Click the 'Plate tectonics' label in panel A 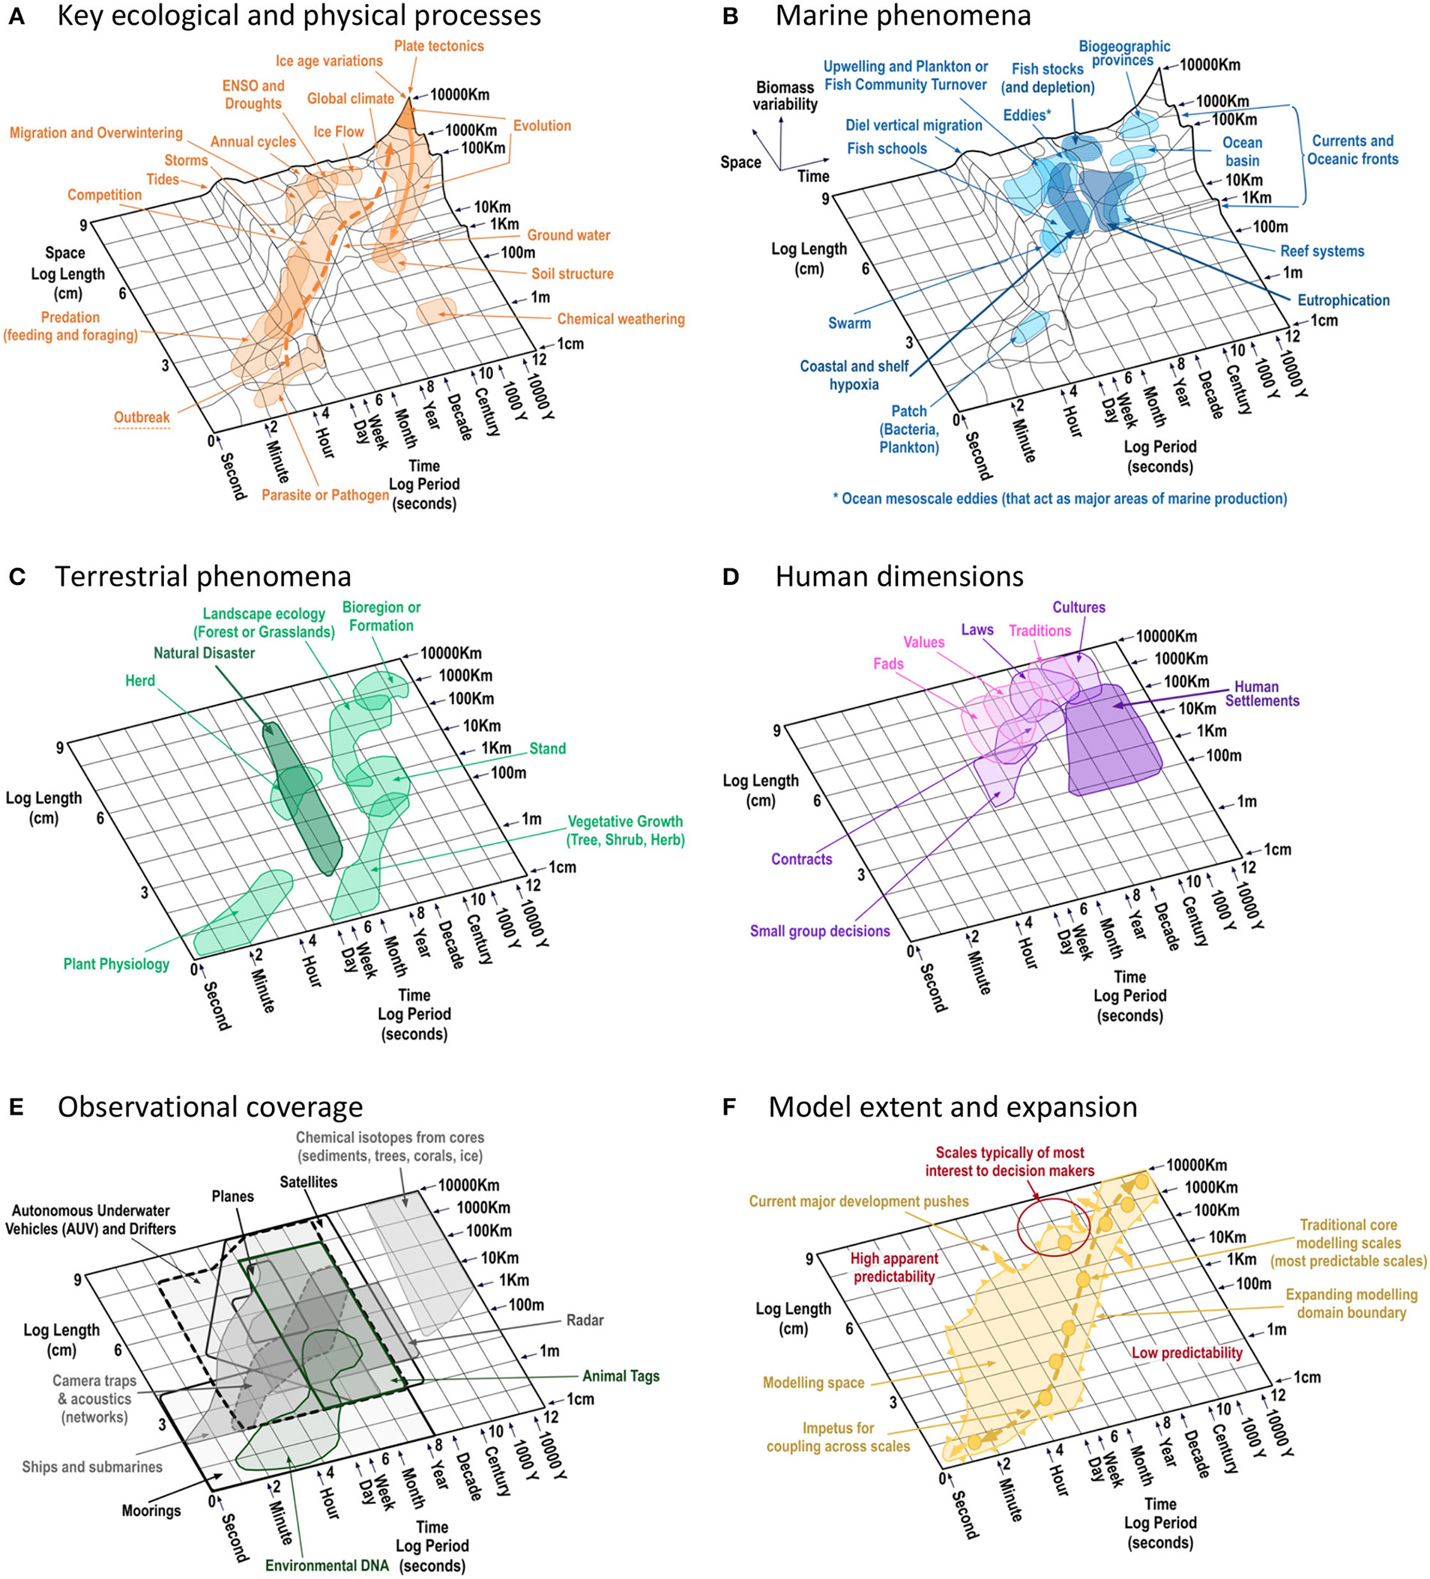point(438,46)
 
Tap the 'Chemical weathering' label point(621,319)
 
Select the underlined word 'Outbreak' point(142,417)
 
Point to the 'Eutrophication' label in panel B point(1343,300)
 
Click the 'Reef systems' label point(1322,252)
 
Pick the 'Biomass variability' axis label point(785,96)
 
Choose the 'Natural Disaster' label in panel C point(204,652)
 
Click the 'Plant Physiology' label point(116,964)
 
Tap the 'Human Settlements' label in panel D point(1261,694)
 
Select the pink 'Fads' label point(888,664)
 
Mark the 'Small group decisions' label point(820,931)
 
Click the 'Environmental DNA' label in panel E point(327,1565)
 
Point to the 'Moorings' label point(151,1510)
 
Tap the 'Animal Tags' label point(621,1376)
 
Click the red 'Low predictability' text point(1186,1353)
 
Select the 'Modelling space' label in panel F point(813,1383)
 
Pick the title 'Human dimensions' point(899,577)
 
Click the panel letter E point(16,1106)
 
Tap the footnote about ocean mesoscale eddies point(1059,498)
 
